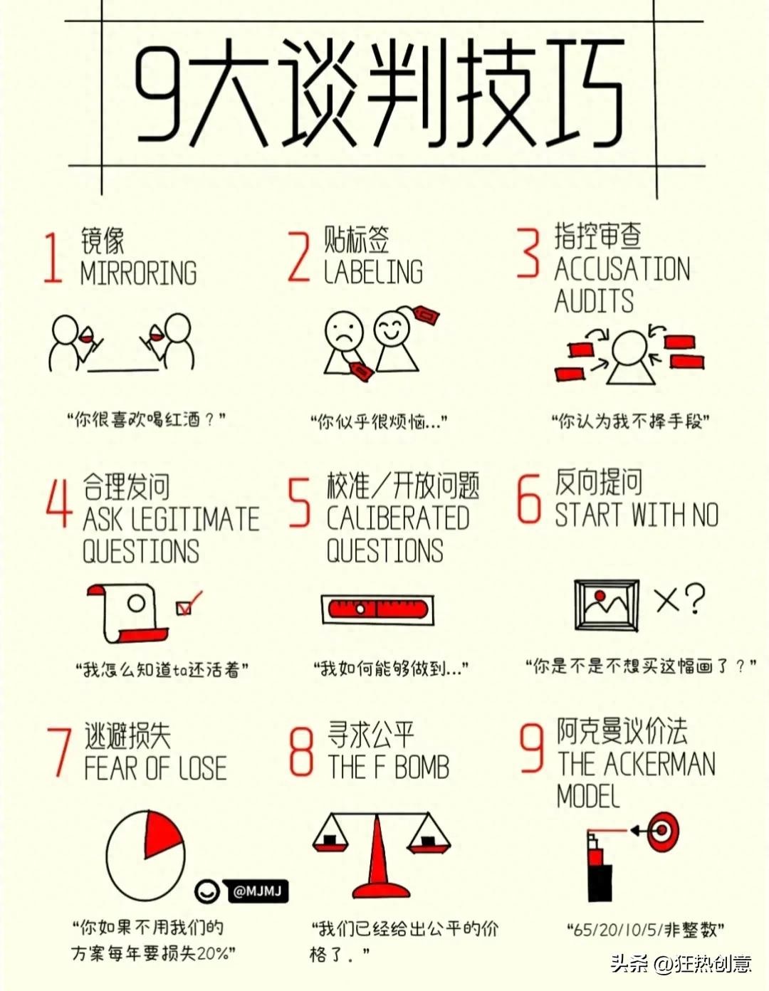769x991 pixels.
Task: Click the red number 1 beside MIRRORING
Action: pyautogui.click(x=53, y=258)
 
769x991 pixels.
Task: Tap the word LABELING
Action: pyautogui.click(x=373, y=272)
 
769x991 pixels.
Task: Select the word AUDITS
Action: pyautogui.click(x=594, y=300)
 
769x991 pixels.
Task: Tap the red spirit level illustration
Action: pyautogui.click(x=377, y=609)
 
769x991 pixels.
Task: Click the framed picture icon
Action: pyautogui.click(x=606, y=605)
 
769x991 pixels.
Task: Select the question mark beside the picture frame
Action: pyautogui.click(x=695, y=599)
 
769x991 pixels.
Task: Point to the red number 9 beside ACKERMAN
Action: pyautogui.click(x=532, y=749)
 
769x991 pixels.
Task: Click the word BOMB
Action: pyautogui.click(x=422, y=767)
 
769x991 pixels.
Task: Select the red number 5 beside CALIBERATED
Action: pyautogui.click(x=299, y=503)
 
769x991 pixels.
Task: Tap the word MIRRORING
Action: pyautogui.click(x=138, y=273)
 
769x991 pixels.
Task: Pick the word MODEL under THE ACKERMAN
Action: pyautogui.click(x=588, y=796)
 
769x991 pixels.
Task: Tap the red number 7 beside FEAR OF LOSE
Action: pyautogui.click(x=60, y=751)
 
